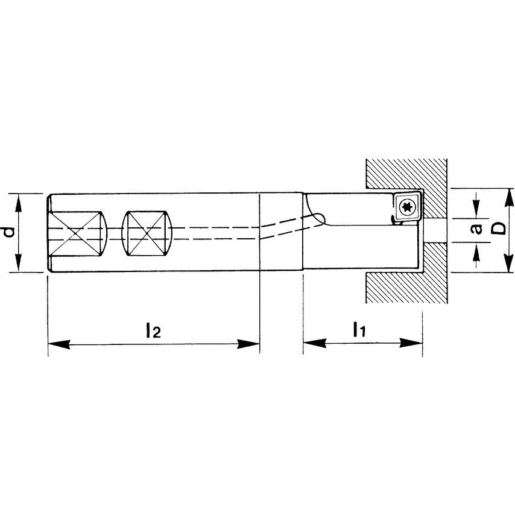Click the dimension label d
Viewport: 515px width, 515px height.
(7, 232)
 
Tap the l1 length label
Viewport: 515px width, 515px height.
(359, 329)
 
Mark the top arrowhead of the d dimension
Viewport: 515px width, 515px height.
(19, 200)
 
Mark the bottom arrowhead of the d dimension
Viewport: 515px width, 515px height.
(19, 265)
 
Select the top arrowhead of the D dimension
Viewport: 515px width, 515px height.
(508, 195)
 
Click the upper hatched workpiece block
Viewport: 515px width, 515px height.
(408, 174)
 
